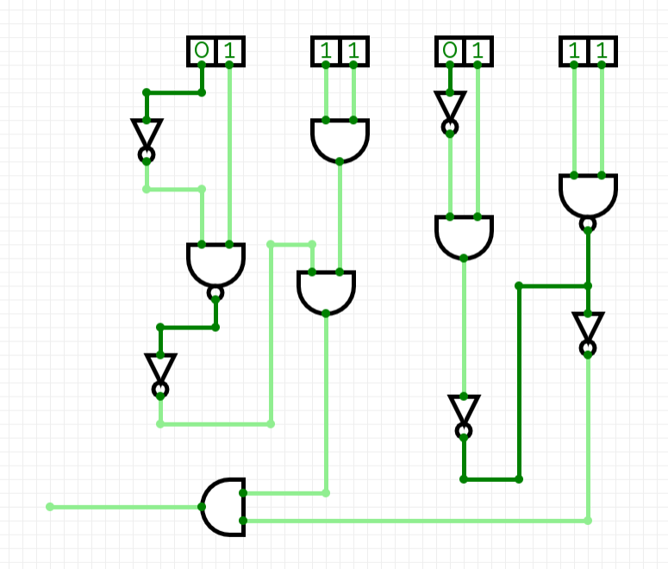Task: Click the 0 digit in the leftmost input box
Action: (202, 51)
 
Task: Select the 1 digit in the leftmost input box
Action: (229, 51)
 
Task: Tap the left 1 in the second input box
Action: (326, 51)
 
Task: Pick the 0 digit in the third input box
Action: (450, 51)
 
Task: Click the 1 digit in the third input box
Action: (478, 51)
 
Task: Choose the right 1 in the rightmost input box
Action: (602, 51)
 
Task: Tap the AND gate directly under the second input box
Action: (340, 140)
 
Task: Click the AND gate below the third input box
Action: (464, 236)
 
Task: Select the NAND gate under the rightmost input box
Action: (588, 197)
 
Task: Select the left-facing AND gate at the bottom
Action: (224, 507)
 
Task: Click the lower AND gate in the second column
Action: (326, 291)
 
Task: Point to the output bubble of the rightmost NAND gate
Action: (588, 225)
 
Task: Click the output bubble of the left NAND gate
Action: (215, 293)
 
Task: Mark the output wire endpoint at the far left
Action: (50, 507)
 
